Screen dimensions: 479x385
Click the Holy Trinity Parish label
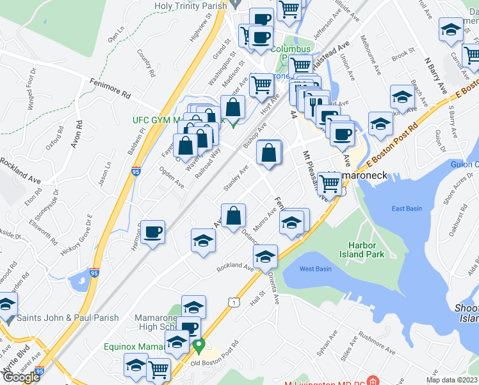pos(191,6)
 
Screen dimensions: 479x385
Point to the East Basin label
pos(407,209)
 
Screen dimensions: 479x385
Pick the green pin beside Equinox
pos(199,347)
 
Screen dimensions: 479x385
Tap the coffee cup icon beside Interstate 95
pos(152,232)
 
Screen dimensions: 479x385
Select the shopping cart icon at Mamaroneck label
pos(329,183)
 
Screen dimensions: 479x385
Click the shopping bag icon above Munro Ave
pos(234,215)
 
